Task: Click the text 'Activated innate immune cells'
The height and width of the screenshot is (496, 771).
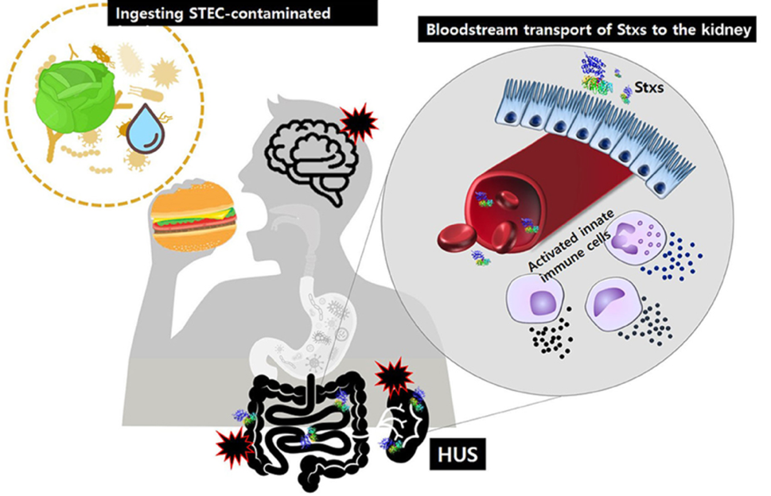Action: (570, 253)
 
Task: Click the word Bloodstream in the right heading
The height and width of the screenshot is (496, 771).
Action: (466, 31)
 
